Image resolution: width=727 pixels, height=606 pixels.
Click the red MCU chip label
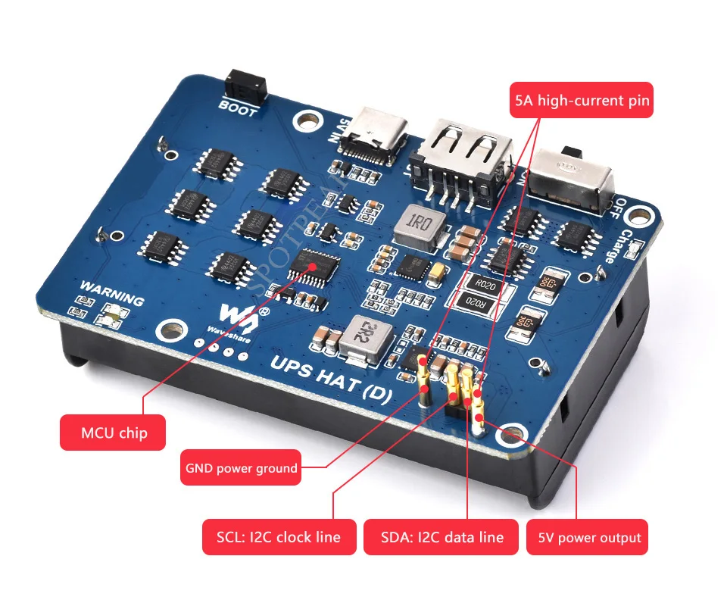(113, 433)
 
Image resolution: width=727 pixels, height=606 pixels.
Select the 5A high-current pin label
(582, 99)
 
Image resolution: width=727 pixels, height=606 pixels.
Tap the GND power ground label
(241, 468)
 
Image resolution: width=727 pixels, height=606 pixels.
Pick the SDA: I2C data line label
(443, 537)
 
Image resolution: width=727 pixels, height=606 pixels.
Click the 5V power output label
(589, 538)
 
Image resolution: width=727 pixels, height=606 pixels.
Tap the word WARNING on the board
(111, 294)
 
